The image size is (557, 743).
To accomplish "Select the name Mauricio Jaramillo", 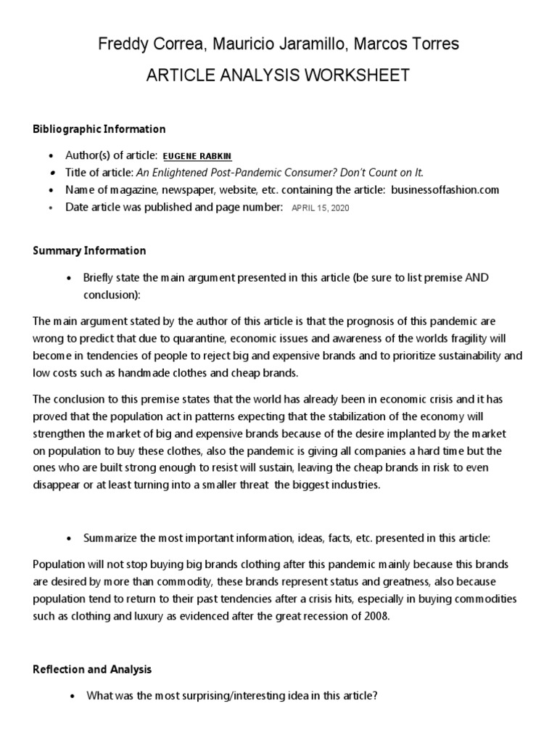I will click(x=278, y=44).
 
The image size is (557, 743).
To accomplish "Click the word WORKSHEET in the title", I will click(x=347, y=75).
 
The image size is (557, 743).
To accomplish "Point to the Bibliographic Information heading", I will click(x=99, y=129).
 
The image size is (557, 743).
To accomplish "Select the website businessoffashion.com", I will click(x=445, y=189).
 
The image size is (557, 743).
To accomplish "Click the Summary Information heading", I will click(x=89, y=250).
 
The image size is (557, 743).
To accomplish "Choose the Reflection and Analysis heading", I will click(x=92, y=669).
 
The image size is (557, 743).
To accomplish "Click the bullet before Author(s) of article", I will click(x=50, y=157).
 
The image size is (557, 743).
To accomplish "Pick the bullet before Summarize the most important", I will click(x=68, y=538).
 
